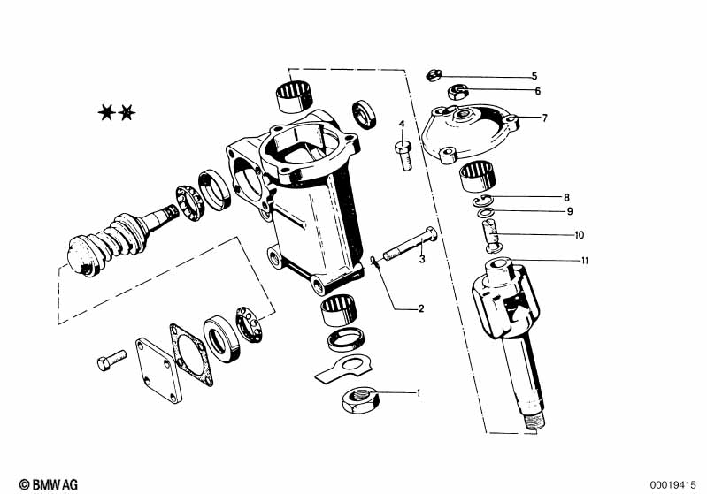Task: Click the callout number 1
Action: (419, 392)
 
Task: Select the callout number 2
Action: (421, 308)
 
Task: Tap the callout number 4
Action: (402, 124)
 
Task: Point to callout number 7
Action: (545, 118)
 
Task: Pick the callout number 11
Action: (585, 261)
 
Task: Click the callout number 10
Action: (579, 234)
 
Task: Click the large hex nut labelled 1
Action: (360, 400)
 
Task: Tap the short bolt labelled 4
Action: (404, 154)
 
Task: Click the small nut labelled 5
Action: (434, 75)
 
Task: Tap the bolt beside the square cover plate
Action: (111, 360)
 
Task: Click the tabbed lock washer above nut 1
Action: (343, 368)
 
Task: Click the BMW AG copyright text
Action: (49, 484)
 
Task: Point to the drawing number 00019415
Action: (672, 485)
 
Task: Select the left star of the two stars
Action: (106, 112)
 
